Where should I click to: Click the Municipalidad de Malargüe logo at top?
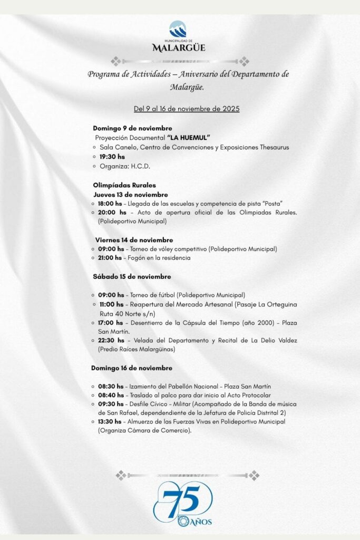[179, 36]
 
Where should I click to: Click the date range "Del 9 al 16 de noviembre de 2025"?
[187, 109]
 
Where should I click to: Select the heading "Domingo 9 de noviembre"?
[132, 128]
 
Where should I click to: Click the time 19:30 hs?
[112, 157]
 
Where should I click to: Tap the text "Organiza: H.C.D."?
[125, 166]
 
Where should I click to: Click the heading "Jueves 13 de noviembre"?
[131, 195]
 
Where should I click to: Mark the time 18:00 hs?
[110, 204]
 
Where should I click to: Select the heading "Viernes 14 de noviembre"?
[134, 240]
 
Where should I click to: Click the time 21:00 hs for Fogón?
[111, 258]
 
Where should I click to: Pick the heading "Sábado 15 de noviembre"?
[132, 276]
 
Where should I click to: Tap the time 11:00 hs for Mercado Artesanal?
[111, 304]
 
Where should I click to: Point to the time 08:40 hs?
[110, 395]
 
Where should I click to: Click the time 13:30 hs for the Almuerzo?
[110, 422]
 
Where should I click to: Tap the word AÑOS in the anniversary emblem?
[202, 522]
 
